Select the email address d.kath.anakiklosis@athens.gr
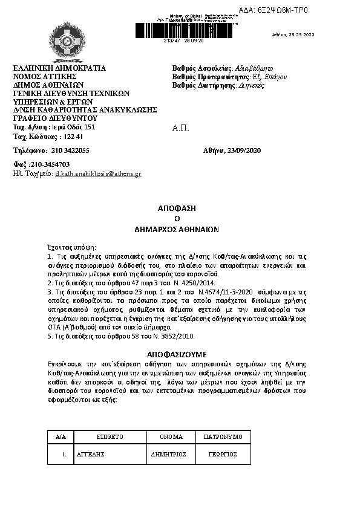point(98,173)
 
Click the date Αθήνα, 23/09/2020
point(232,150)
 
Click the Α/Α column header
point(61,436)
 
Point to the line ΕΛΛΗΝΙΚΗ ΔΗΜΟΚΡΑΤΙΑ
point(59,68)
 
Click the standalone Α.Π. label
point(181,129)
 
